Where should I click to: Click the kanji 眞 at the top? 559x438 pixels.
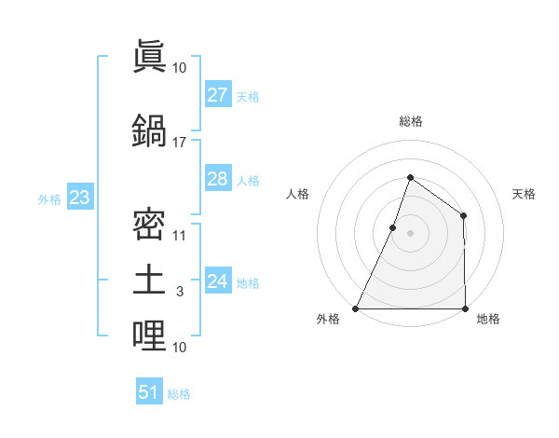[x=149, y=58]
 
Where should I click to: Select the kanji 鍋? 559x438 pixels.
[x=149, y=130]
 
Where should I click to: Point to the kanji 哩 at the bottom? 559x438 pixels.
[x=149, y=336]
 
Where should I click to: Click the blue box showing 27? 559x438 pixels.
[x=217, y=95]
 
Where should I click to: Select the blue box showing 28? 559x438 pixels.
[x=217, y=179]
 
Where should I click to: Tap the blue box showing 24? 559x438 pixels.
[x=217, y=281]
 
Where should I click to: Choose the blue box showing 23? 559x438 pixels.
[x=79, y=198]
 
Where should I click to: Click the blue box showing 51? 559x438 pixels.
[x=149, y=392]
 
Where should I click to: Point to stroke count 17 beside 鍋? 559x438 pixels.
[x=179, y=143]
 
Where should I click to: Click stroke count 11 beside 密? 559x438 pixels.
[x=179, y=235]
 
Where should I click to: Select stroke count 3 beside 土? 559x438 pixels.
[x=179, y=292]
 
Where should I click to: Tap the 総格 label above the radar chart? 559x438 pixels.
[x=410, y=121]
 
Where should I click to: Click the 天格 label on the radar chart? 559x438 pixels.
[x=525, y=194]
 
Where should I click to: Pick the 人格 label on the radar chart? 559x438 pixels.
[x=297, y=194]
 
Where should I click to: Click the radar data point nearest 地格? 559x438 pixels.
[x=465, y=308]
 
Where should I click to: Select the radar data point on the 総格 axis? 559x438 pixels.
[x=410, y=177]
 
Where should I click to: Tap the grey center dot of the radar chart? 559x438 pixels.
[x=410, y=233]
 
